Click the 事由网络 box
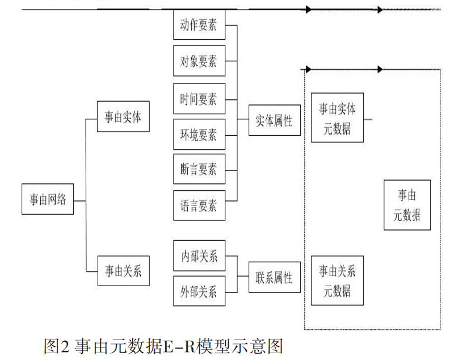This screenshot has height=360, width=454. pos(48,199)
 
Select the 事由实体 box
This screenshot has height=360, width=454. pos(123,116)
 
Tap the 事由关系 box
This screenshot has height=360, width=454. pos(123,271)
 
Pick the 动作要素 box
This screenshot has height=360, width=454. pos(199,24)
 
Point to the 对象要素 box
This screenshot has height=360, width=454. pos(199,61)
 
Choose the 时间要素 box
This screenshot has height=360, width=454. pos(199,99)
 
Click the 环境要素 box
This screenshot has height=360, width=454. pos(199,135)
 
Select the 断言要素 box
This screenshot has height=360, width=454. pos(199,169)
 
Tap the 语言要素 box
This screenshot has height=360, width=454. pos(199,206)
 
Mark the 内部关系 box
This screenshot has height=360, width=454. pos(199,256)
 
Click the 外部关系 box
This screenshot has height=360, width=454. pos(199,291)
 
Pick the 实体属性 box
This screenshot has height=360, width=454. pos(275,120)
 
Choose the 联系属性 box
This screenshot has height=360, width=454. pos(275,277)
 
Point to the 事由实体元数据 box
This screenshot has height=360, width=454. pos(337,118)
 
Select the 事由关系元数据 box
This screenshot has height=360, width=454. pos(337,281)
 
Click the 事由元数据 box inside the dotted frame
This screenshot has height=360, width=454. pos(407,205)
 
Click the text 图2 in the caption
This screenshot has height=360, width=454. pos(57,346)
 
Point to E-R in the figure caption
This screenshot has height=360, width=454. pos(179,346)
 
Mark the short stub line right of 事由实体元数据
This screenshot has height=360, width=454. pos(368,119)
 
